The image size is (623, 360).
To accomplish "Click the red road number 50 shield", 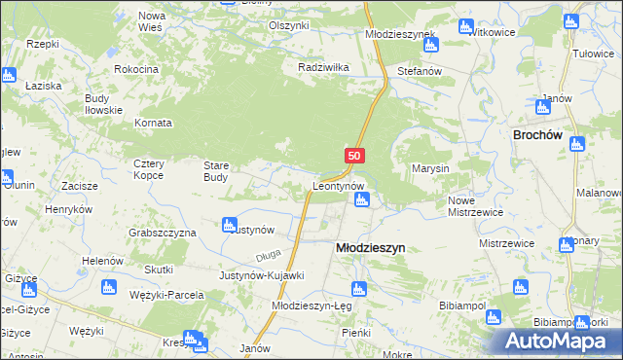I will [x=354, y=156].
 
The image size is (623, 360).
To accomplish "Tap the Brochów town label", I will [x=540, y=136].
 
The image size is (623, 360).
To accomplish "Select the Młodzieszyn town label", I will [x=370, y=248].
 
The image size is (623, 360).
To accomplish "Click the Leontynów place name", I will [x=338, y=185].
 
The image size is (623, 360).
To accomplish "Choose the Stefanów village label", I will [x=421, y=72].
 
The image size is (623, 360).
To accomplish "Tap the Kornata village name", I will [x=152, y=124].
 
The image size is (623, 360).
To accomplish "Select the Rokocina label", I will [x=136, y=69].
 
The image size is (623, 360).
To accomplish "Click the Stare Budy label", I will [x=215, y=171].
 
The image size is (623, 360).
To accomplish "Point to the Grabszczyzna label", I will [x=163, y=234].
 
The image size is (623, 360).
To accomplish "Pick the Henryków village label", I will [x=68, y=209].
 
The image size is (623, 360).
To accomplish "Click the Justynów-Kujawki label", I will [x=262, y=275].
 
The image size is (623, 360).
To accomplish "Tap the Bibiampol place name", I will [x=463, y=305].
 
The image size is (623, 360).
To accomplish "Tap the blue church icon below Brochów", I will [x=576, y=145].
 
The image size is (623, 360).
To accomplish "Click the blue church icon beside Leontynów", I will [x=362, y=200].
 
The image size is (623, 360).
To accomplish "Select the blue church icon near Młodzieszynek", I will [x=431, y=44].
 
